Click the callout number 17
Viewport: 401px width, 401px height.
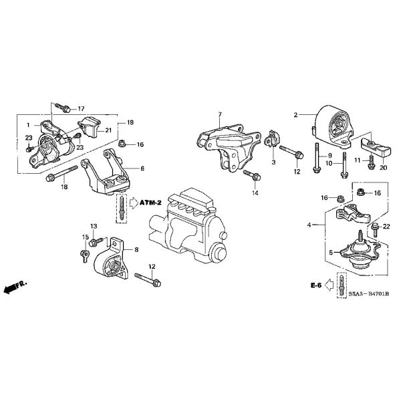click(x=81, y=109)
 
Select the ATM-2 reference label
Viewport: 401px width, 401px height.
click(x=150, y=203)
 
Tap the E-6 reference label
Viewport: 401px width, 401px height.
click(x=316, y=285)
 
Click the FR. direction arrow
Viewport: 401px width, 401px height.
click(x=15, y=287)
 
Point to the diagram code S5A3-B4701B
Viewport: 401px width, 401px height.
click(x=368, y=294)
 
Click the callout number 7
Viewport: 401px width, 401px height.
click(x=220, y=114)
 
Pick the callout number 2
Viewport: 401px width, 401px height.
click(x=295, y=115)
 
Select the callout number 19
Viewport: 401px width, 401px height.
click(x=130, y=122)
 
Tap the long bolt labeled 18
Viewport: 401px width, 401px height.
click(x=62, y=173)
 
